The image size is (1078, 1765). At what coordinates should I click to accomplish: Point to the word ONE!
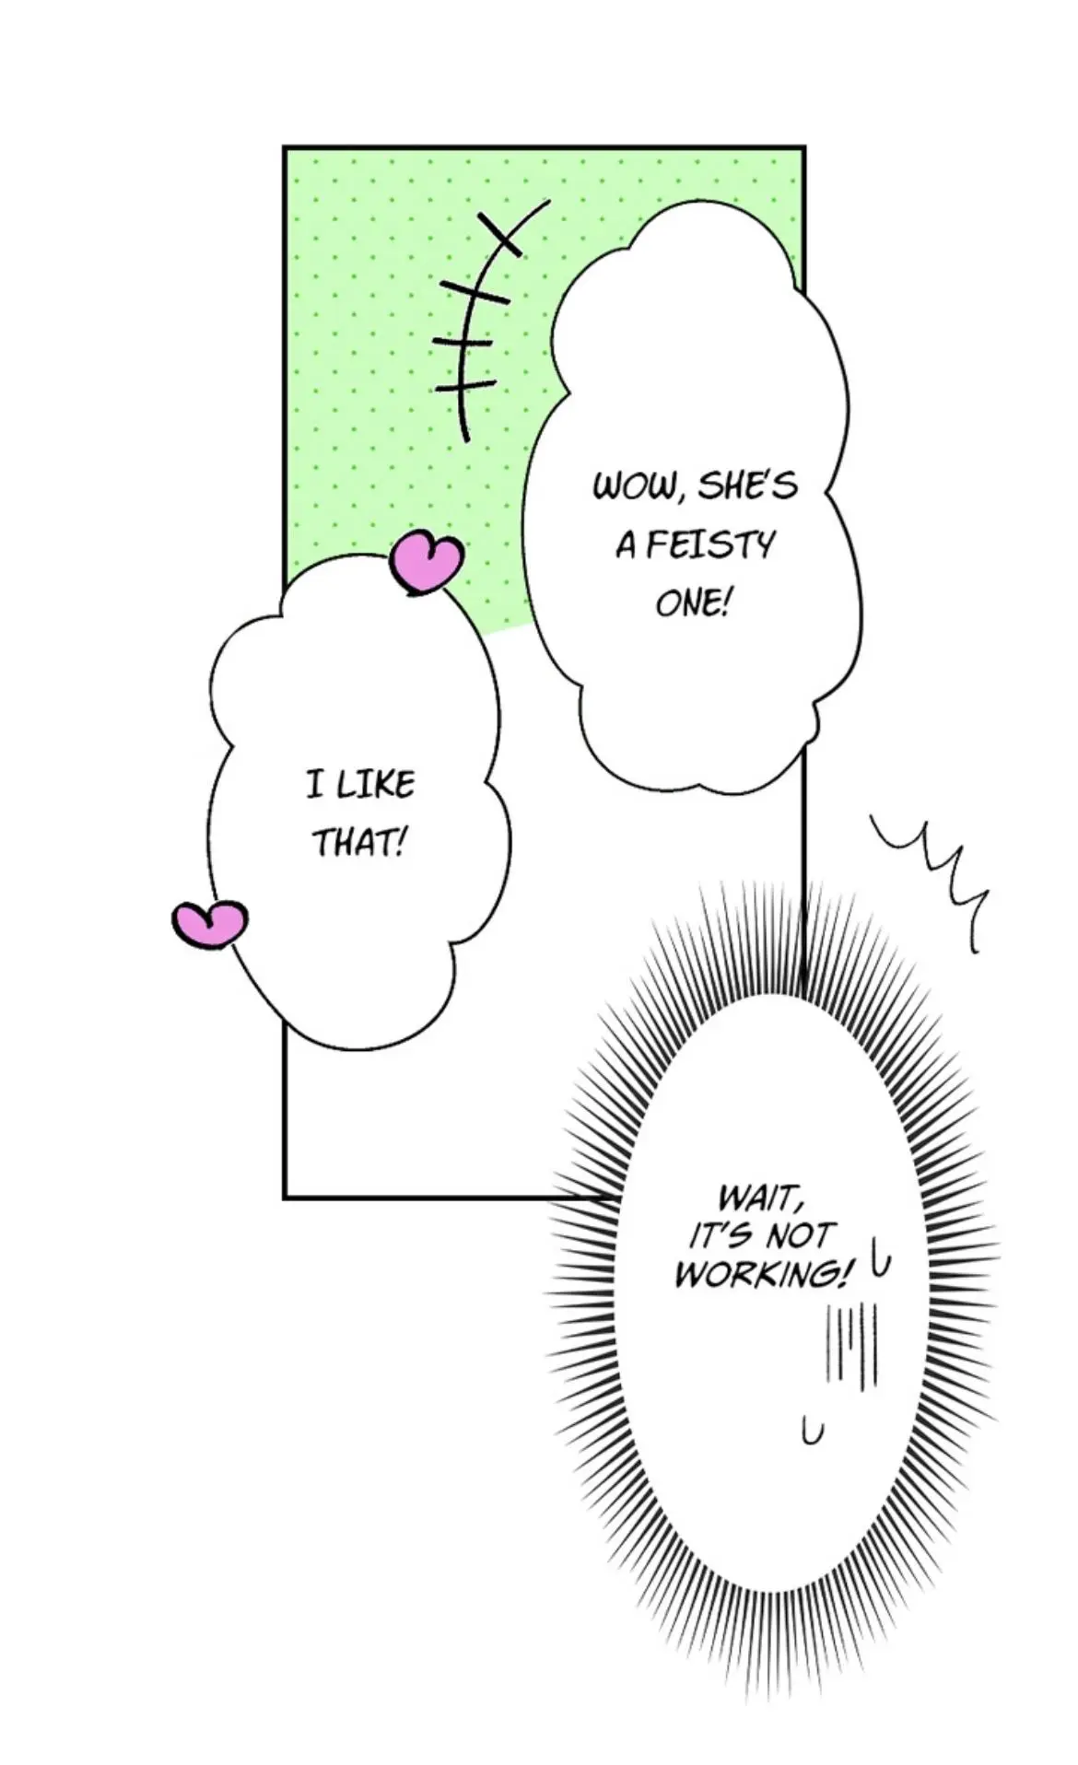(692, 603)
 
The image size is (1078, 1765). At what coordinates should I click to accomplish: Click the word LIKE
(375, 785)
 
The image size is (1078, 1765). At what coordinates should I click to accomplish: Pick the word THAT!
(360, 842)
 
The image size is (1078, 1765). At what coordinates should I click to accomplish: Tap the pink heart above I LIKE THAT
(426, 561)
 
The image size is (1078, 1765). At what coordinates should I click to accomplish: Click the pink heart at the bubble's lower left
(210, 924)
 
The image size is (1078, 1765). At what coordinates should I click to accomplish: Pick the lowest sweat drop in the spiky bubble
(812, 1432)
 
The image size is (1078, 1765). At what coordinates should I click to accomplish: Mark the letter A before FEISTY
(627, 547)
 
